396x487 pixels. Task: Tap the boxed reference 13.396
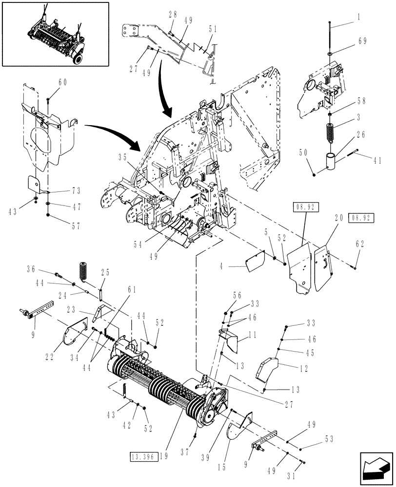coord(142,456)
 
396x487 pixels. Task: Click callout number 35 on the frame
coord(122,157)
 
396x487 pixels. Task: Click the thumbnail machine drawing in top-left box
coord(55,34)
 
